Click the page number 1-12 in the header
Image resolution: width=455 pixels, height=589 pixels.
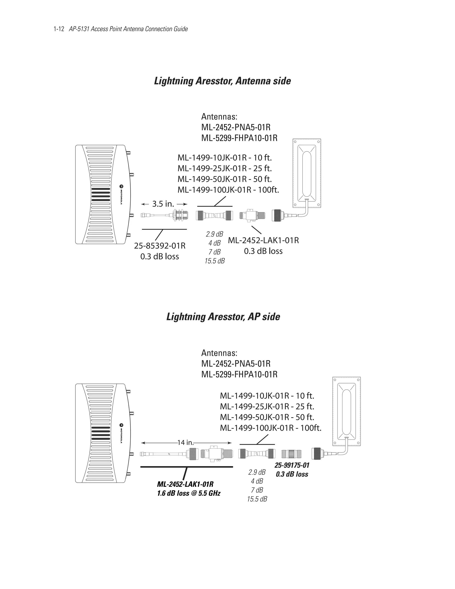coord(59,29)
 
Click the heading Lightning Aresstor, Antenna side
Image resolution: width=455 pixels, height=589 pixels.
coord(222,81)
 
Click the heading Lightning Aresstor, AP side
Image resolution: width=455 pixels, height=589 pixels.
coord(223,317)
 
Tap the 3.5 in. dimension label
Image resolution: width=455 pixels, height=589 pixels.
coord(163,204)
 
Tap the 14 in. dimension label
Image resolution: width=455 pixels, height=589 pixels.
coord(186,443)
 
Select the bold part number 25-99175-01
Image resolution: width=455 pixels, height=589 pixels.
coord(292,465)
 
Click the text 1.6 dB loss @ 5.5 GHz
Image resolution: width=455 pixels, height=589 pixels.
coord(189,493)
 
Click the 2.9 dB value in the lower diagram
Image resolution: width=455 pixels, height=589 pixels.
coord(257,472)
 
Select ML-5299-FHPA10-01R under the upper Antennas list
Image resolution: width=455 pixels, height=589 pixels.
coord(239,138)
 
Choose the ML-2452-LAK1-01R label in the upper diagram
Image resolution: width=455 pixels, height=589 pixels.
coord(263,240)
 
